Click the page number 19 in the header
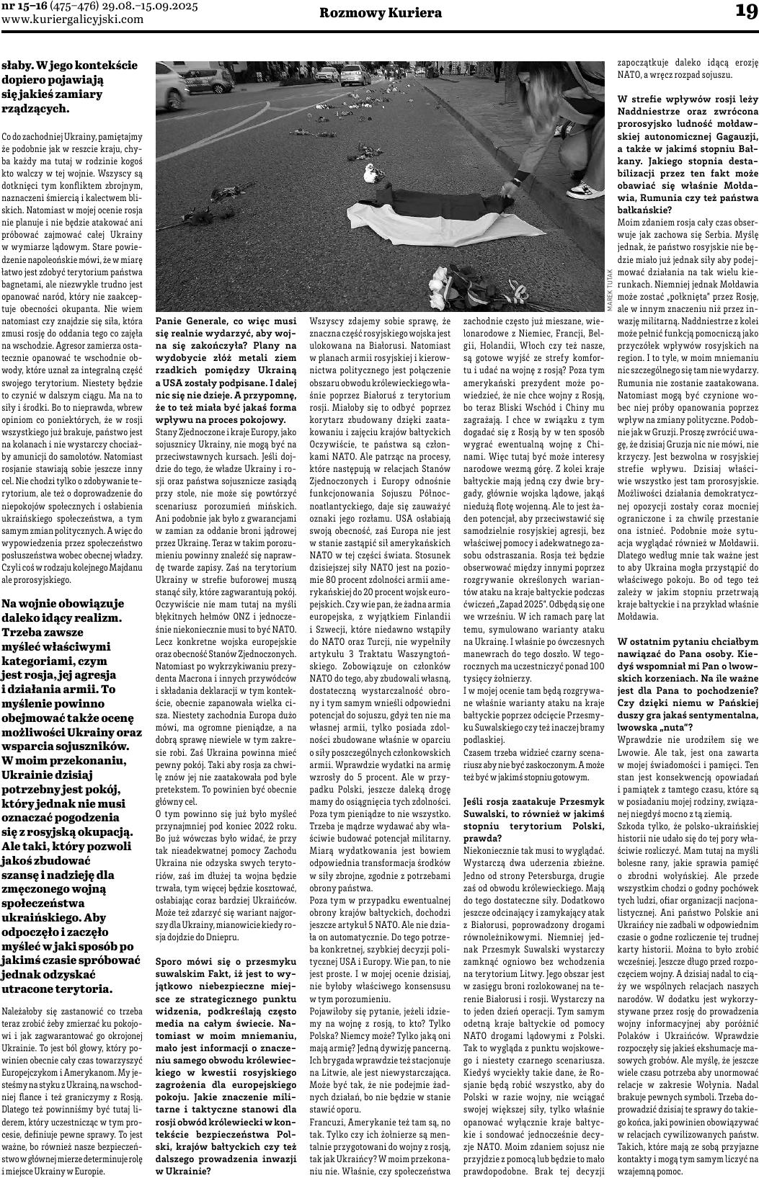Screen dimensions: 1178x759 click(742, 12)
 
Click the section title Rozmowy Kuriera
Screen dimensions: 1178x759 click(381, 14)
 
